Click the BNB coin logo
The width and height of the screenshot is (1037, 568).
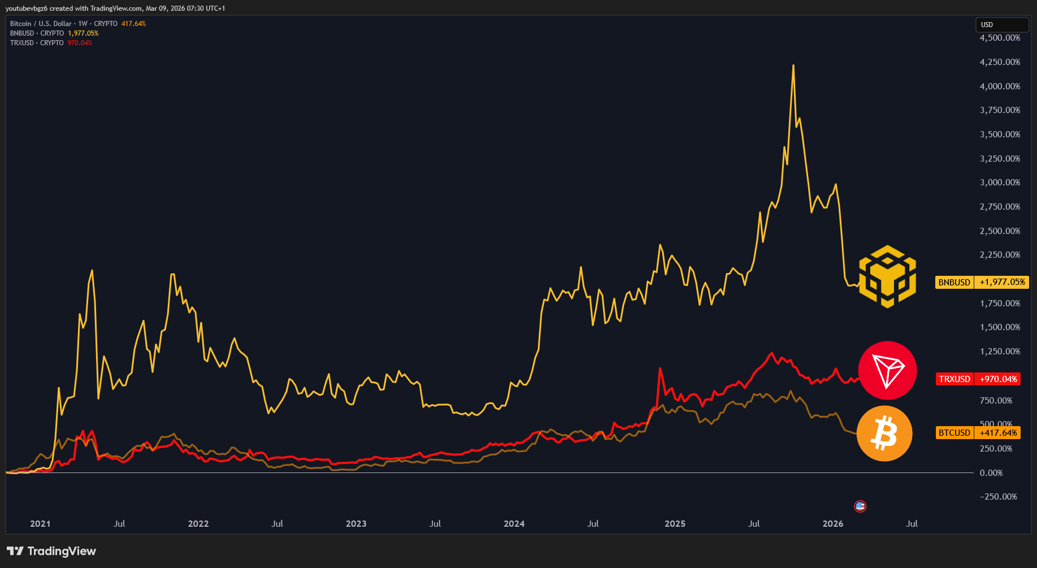(887, 276)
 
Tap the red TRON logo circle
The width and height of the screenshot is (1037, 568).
(887, 370)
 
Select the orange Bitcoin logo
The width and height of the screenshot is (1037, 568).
(884, 433)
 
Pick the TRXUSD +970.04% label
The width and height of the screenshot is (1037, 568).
(978, 379)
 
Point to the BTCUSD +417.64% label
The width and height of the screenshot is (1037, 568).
(978, 433)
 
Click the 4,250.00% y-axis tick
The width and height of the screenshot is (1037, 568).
(1000, 62)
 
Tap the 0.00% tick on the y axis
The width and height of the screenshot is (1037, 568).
(991, 473)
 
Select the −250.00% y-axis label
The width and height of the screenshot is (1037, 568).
(998, 497)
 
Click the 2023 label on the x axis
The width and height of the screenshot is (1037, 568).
(356, 524)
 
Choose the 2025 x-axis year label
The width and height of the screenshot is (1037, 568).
(675, 524)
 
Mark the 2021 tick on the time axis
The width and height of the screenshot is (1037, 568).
(40, 524)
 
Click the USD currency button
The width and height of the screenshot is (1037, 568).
(1002, 25)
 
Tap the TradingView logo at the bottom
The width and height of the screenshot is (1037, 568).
(51, 551)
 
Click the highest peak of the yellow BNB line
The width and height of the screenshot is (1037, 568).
(793, 66)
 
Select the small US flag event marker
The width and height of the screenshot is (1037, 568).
(860, 506)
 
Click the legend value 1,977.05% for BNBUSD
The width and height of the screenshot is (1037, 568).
(83, 33)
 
